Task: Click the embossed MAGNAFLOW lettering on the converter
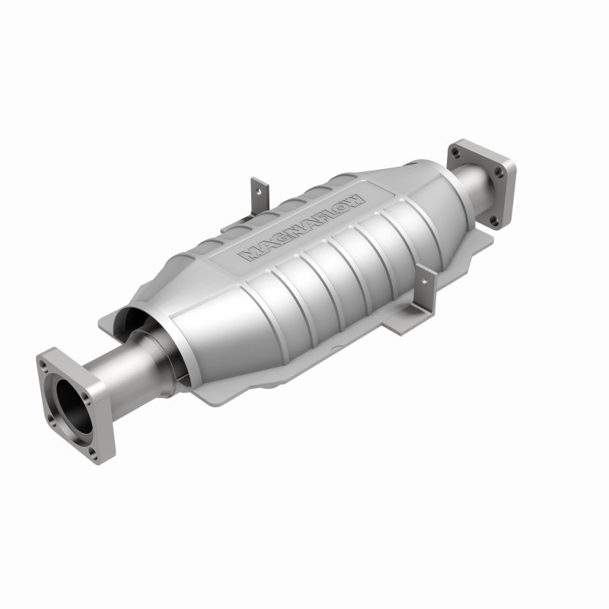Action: point(303,226)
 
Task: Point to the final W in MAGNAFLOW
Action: point(356,199)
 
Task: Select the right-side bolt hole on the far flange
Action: point(502,174)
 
